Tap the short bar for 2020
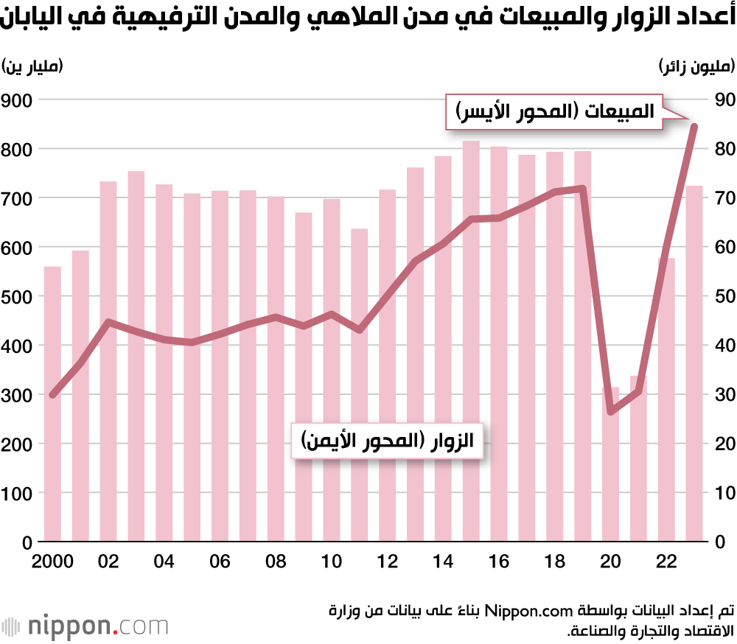[610, 464]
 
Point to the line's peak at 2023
[694, 126]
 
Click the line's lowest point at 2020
[610, 410]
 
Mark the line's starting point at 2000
[52, 395]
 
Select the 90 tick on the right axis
[719, 99]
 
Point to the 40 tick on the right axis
[719, 346]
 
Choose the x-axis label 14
[443, 562]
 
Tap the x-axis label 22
[666, 562]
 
